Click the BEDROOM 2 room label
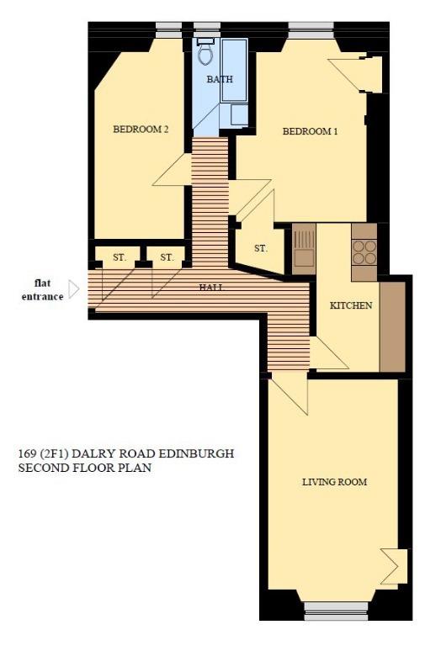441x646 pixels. (x=141, y=130)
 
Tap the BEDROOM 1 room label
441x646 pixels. (x=310, y=131)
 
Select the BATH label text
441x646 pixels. (x=220, y=79)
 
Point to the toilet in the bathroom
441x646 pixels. (x=205, y=51)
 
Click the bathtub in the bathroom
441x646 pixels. (x=234, y=71)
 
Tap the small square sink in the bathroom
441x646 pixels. (x=239, y=114)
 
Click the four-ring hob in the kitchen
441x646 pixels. (x=364, y=252)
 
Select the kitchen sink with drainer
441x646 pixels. (x=304, y=249)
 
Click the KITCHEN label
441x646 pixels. (x=351, y=305)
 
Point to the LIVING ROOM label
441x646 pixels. (x=334, y=482)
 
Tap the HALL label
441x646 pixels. (x=212, y=288)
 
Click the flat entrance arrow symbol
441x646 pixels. (x=74, y=289)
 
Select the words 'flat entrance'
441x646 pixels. (x=42, y=289)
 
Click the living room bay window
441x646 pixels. (x=336, y=611)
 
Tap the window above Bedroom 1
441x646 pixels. (x=311, y=30)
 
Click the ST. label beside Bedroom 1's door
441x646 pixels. (x=261, y=248)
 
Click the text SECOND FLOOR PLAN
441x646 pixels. (x=84, y=468)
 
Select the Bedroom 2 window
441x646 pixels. (x=168, y=30)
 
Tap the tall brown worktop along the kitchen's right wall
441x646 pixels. (x=392, y=327)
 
